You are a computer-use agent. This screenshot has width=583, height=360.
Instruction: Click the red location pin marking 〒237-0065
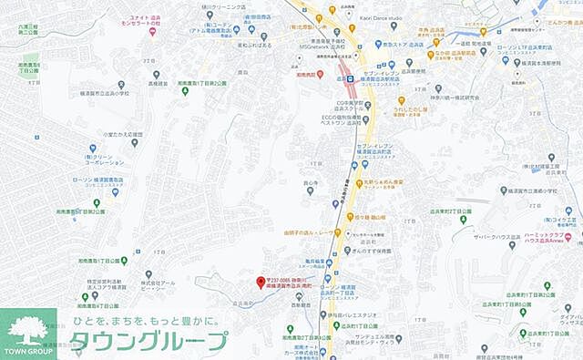coord(261,281)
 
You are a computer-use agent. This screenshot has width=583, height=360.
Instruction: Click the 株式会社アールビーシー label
coord(159,284)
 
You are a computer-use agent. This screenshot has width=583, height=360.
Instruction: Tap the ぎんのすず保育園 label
coord(373,249)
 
